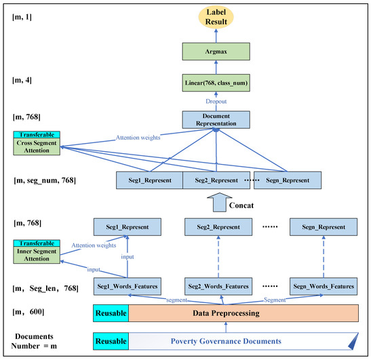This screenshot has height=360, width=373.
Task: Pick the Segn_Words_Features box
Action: [323, 286]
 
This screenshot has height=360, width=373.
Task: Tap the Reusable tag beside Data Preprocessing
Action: [110, 313]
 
